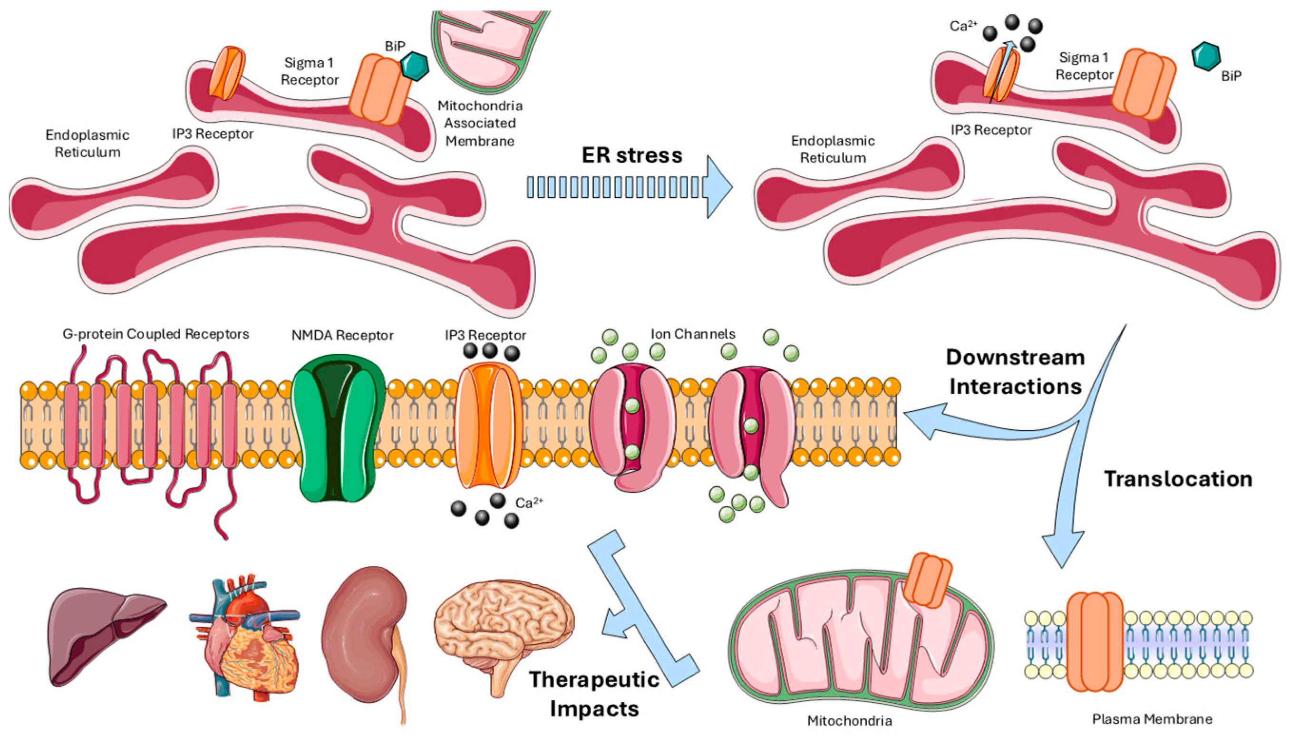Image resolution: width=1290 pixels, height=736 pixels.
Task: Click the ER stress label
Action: click(x=631, y=155)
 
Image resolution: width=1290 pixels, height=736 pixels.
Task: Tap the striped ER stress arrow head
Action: click(x=718, y=187)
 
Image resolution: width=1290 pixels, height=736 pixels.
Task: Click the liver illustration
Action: click(x=104, y=634)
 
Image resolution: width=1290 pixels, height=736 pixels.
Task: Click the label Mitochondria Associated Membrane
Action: click(x=480, y=123)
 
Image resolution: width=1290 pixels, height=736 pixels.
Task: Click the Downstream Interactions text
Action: click(x=1015, y=371)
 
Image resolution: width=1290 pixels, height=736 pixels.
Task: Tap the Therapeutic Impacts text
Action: click(x=594, y=694)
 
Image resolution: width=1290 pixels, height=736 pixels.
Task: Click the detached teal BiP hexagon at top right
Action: click(x=1206, y=57)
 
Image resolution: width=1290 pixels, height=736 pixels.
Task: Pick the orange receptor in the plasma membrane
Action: click(x=1095, y=641)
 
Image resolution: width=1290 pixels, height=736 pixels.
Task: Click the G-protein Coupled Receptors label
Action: click(x=155, y=334)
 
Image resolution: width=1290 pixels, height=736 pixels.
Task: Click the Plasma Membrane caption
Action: click(x=1152, y=719)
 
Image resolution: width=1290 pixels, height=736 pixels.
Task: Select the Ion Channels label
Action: click(x=692, y=334)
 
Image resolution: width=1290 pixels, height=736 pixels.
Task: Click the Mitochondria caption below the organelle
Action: click(x=849, y=721)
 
